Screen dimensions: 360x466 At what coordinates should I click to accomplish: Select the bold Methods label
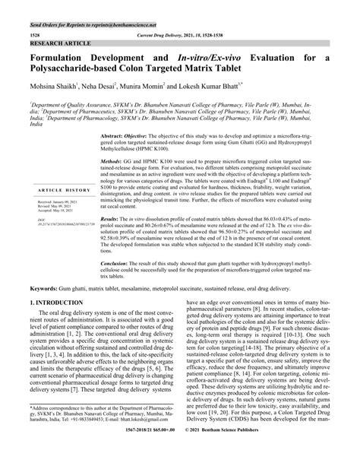114,163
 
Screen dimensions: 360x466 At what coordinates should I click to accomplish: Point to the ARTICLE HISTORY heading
60,189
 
